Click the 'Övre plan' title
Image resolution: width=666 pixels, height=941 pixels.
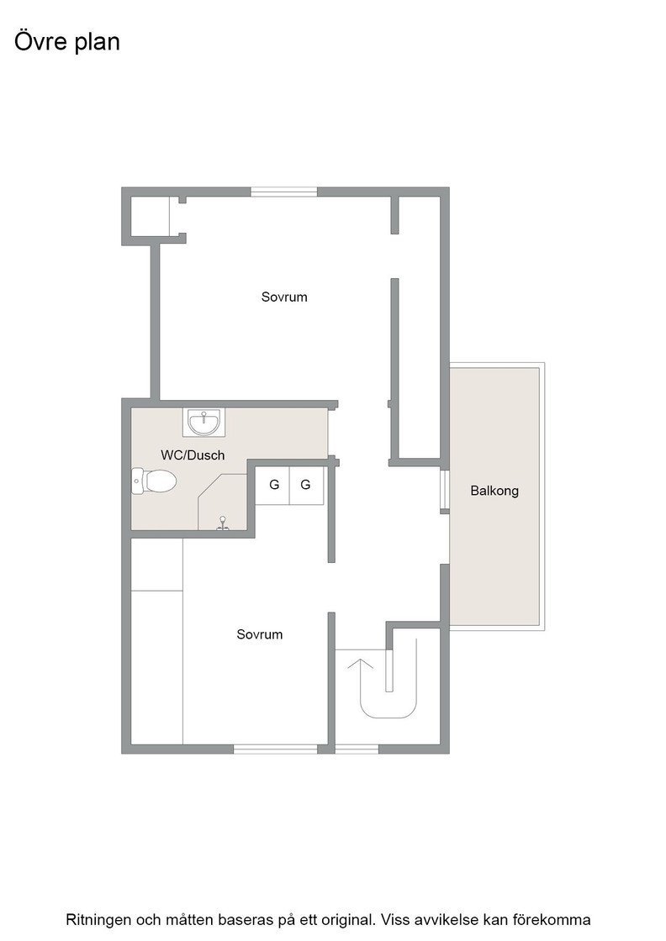(67, 42)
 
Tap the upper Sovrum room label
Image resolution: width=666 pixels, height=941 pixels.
(284, 297)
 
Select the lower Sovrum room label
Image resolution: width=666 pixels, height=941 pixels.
(260, 634)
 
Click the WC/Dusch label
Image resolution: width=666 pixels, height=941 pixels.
(193, 455)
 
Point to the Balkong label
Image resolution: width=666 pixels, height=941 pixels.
(494, 491)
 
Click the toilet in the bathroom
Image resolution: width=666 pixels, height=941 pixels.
(154, 481)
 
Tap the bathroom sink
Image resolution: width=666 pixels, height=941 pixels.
(204, 422)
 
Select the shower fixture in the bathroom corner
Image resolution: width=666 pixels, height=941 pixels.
(223, 523)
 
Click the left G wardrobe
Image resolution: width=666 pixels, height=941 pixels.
(273, 485)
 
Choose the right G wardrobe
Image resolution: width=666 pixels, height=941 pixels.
(306, 485)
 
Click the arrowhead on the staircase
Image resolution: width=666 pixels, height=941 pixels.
(360, 664)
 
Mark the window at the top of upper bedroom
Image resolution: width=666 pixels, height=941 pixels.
(283, 192)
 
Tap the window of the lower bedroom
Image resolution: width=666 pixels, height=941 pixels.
(275, 749)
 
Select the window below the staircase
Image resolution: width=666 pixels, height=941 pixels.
(357, 749)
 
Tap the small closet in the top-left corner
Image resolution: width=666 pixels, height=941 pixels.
(151, 217)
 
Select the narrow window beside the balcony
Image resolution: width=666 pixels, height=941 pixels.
(445, 489)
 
